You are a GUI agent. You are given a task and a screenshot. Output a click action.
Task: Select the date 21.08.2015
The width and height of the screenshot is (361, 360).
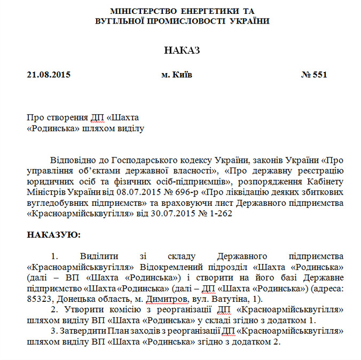49,75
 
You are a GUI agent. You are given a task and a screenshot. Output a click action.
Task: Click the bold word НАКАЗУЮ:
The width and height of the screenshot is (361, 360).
53,234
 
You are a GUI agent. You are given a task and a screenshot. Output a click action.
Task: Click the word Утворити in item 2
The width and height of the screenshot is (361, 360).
80,309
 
